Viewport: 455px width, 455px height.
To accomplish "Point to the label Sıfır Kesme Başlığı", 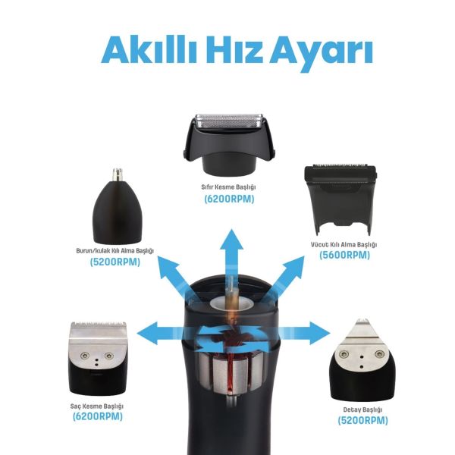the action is tap(229, 187).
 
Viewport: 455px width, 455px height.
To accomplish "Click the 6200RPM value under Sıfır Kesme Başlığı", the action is tap(229, 199).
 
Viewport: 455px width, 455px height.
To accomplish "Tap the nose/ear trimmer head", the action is tap(118, 206).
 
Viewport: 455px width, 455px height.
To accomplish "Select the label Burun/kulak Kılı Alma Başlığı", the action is tap(115, 250).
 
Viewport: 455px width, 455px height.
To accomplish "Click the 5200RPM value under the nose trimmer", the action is tap(115, 262).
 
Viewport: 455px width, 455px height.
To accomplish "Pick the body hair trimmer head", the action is tap(340, 200).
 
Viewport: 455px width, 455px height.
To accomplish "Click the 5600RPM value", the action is tap(344, 255).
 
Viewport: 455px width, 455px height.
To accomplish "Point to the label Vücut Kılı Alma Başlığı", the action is tap(344, 245).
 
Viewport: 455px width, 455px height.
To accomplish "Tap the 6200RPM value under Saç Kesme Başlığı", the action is tap(98, 416).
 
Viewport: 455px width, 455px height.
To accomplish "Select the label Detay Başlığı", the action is tap(362, 409).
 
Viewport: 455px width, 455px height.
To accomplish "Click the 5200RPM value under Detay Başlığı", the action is tap(362, 420).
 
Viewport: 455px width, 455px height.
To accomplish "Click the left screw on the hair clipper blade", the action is tap(85, 355).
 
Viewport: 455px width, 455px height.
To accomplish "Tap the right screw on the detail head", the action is tap(380, 353).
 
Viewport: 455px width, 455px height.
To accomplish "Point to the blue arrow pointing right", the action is tap(302, 333).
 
